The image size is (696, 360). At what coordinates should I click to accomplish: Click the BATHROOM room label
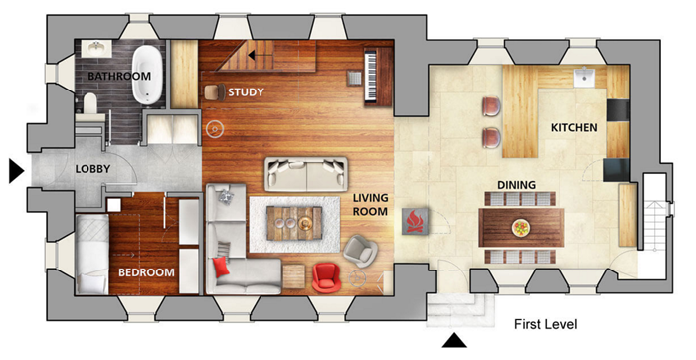click(x=119, y=76)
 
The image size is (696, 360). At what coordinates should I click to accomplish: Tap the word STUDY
click(x=246, y=92)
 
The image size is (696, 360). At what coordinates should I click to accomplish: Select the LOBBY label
click(x=92, y=169)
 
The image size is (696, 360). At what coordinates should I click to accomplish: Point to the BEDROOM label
click(x=146, y=272)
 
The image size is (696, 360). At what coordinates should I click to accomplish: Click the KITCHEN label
click(x=574, y=128)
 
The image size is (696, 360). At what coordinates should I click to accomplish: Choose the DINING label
click(x=516, y=185)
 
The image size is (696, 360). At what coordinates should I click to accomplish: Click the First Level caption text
click(x=546, y=324)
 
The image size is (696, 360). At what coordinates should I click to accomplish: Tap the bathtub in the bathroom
click(x=146, y=75)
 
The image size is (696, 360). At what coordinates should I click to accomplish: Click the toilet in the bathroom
click(x=90, y=103)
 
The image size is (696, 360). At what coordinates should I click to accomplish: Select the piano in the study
click(x=377, y=76)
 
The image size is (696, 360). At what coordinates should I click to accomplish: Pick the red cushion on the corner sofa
click(x=221, y=268)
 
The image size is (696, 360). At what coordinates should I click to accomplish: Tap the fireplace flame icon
click(x=416, y=220)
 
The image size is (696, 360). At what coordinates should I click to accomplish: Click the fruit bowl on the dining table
click(x=521, y=228)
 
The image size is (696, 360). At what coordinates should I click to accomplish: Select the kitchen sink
click(x=585, y=78)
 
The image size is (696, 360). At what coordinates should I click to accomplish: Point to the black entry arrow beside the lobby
click(x=17, y=171)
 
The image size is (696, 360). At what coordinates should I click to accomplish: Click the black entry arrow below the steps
click(x=454, y=341)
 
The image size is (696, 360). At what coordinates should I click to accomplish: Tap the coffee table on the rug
click(x=294, y=224)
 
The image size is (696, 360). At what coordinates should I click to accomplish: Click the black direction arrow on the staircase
click(x=260, y=56)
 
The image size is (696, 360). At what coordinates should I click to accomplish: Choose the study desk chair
click(x=216, y=91)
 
